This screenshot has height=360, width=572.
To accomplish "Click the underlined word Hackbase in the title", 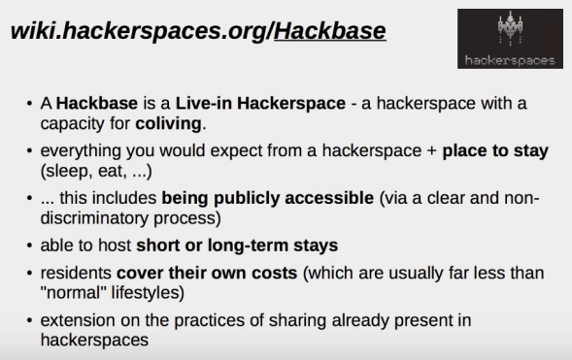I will pos(330,33).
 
